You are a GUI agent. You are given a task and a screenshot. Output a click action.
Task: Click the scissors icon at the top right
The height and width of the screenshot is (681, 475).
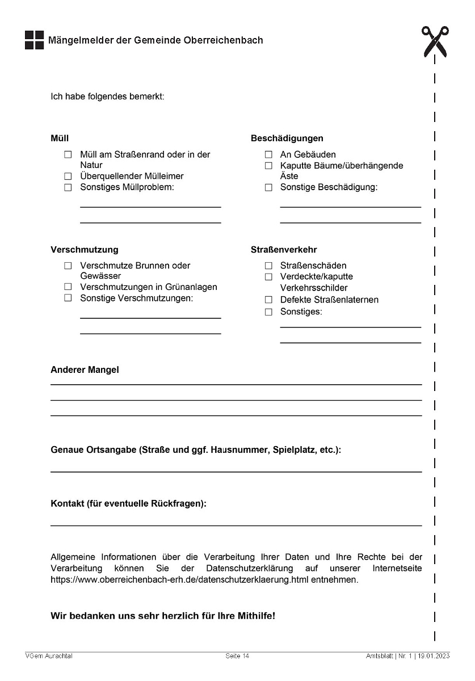point(435,41)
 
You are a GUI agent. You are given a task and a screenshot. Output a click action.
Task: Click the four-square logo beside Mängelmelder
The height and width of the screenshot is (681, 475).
point(34,40)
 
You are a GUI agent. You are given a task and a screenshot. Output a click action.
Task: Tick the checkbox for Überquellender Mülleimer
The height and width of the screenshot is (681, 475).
point(68,176)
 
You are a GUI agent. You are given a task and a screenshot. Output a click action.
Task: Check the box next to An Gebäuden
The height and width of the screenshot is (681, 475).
point(268,155)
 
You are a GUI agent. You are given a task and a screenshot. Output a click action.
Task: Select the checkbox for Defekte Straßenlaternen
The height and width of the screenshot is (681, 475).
point(268,300)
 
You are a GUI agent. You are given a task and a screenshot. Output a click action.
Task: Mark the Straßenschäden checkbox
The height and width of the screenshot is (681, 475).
point(268,266)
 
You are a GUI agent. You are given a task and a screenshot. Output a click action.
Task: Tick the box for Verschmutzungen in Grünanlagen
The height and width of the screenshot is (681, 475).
point(68,287)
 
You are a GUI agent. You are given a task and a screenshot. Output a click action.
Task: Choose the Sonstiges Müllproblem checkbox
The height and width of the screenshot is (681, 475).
point(68,187)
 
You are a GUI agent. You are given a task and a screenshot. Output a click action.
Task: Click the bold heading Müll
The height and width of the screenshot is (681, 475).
point(60,138)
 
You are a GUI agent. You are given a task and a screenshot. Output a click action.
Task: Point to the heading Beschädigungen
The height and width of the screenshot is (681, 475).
point(287,138)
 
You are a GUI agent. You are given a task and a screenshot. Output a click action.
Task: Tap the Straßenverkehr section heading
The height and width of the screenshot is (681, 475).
point(284,249)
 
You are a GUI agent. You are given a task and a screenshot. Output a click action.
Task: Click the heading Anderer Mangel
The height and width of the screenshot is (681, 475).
point(85,369)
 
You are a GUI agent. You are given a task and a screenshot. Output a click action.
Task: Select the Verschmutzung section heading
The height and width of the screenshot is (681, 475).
point(84,249)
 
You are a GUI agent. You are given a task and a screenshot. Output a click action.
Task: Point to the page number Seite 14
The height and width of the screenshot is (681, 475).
point(237,657)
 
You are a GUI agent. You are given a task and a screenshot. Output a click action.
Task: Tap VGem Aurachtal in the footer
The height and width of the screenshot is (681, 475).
point(49,657)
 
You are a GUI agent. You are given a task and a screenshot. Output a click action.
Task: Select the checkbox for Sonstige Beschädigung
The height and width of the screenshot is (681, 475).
point(268,188)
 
